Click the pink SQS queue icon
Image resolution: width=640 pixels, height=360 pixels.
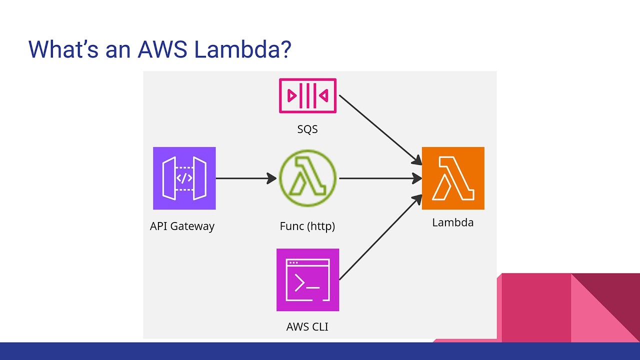307,96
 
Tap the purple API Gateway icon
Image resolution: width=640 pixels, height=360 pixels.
184,178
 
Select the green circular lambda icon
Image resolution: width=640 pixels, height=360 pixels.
307,178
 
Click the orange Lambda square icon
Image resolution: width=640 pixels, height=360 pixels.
453,178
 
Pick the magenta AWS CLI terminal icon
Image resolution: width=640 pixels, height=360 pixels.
307,279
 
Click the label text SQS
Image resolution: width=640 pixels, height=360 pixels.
307,129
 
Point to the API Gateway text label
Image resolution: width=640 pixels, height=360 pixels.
182,226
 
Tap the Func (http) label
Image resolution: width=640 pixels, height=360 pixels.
307,226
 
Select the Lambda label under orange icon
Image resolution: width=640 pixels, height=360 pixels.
453,222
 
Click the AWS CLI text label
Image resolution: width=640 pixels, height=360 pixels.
307,327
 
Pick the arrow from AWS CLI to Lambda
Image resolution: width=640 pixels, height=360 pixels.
380,238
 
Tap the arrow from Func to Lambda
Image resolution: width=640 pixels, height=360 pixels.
380,178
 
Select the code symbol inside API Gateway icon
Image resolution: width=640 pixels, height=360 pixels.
184,178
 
